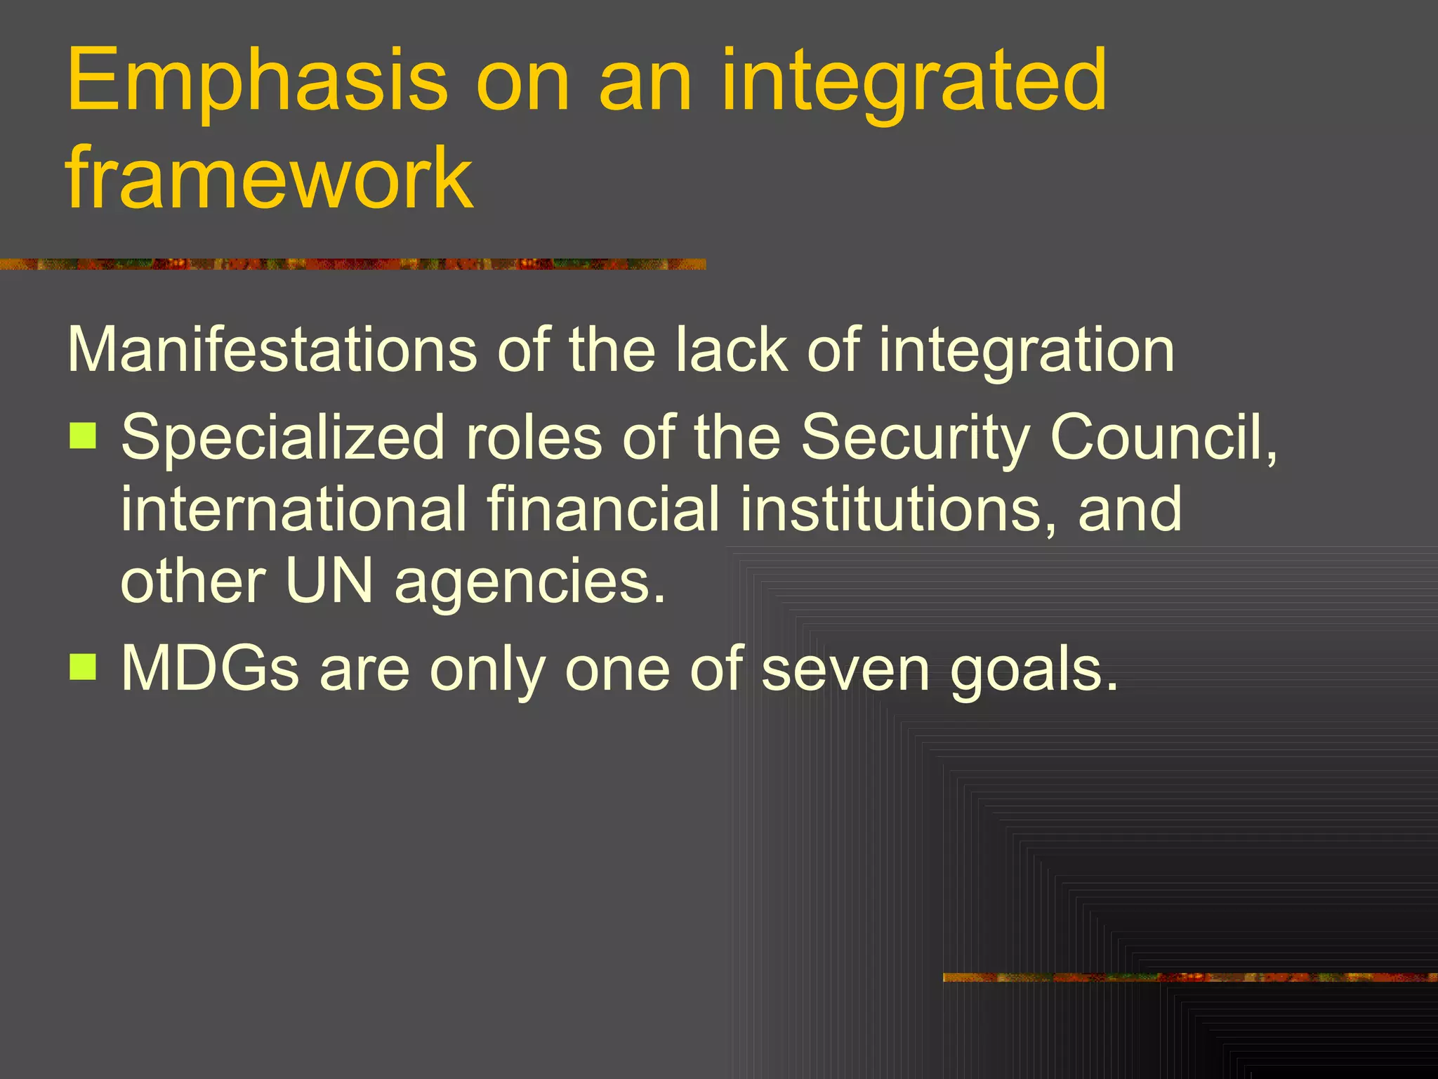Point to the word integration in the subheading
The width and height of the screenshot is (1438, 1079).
pyautogui.click(x=1026, y=349)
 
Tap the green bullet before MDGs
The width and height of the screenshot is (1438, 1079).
pyautogui.click(x=83, y=667)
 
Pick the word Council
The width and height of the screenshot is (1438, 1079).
pyautogui.click(x=1162, y=437)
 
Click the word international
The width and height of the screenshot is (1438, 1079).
pyautogui.click(x=293, y=509)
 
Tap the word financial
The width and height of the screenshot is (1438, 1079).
pyautogui.click(x=603, y=509)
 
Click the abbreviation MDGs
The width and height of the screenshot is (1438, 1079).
pyautogui.click(x=210, y=669)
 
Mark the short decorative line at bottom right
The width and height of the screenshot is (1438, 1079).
pyautogui.click(x=1189, y=977)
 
